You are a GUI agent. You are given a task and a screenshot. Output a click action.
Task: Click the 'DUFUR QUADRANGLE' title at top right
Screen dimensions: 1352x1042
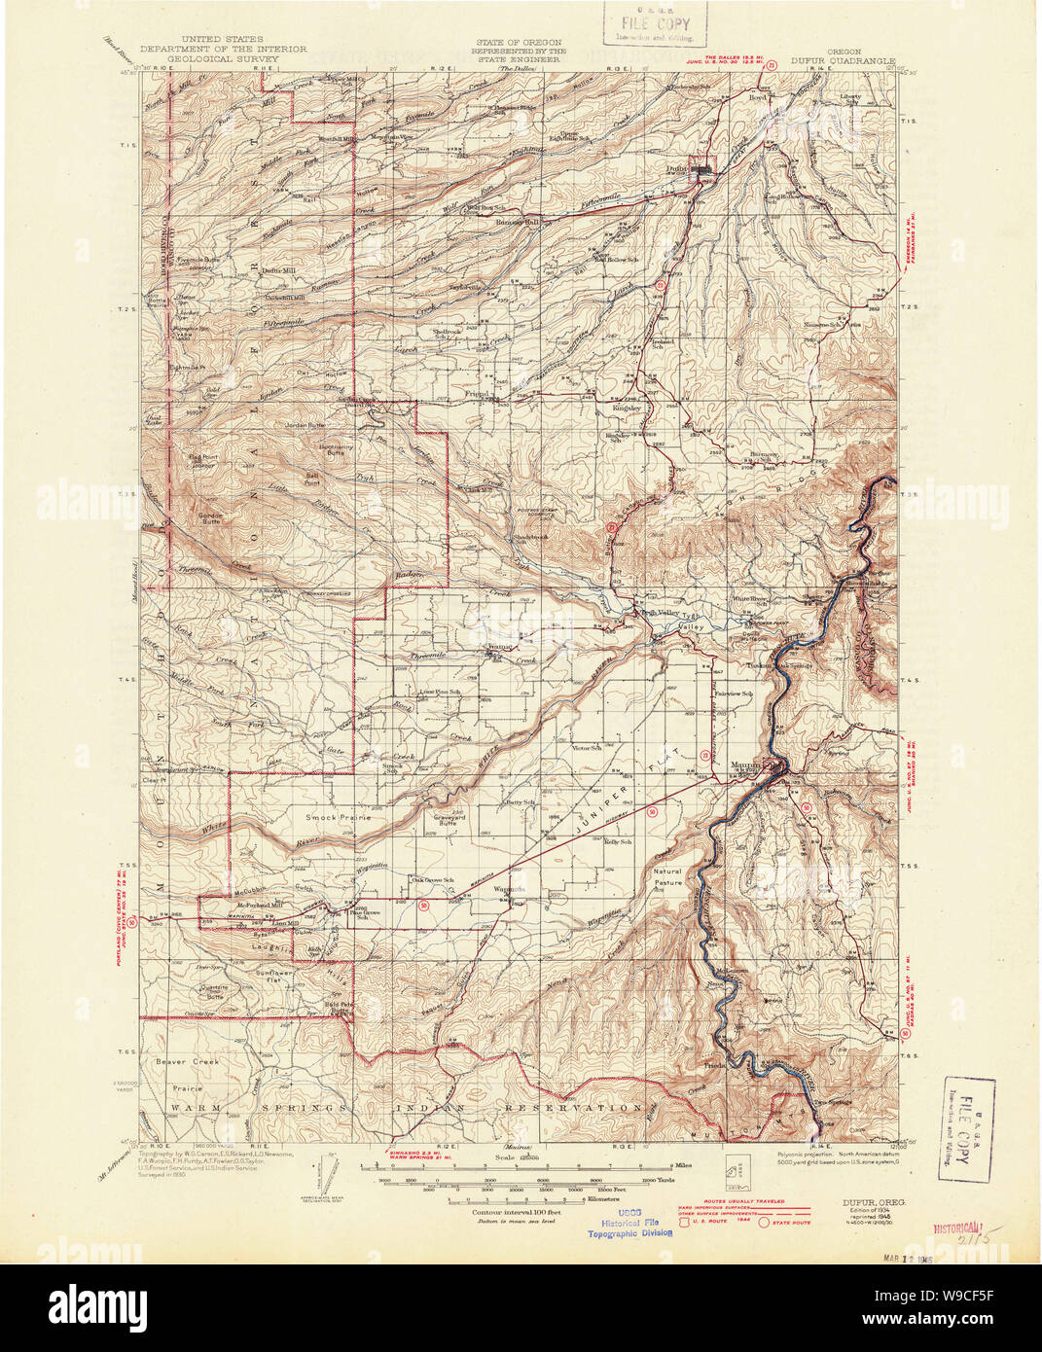click(842, 59)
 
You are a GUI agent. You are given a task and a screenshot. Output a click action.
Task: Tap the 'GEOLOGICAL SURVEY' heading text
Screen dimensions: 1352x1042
click(222, 58)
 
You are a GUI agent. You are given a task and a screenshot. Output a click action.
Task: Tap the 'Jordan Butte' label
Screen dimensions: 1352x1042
click(302, 425)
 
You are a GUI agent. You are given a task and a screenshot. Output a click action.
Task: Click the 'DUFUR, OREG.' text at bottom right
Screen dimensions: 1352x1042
click(872, 1203)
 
